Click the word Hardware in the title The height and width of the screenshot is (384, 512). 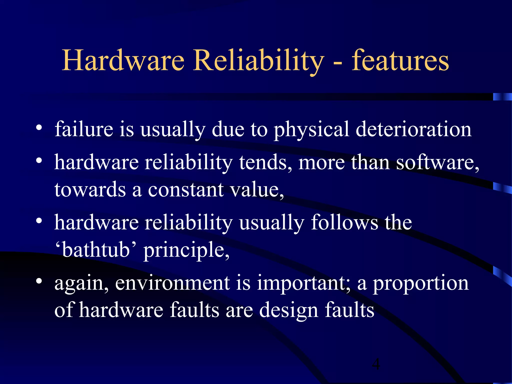point(123,60)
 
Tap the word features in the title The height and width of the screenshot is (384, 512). point(400,60)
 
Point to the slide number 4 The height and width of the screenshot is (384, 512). point(376,364)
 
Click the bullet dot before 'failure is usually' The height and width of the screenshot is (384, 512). point(38,128)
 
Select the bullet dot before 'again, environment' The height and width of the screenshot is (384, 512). point(38,281)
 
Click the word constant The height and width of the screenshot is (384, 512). point(186,189)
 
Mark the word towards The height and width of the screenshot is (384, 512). point(90,189)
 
